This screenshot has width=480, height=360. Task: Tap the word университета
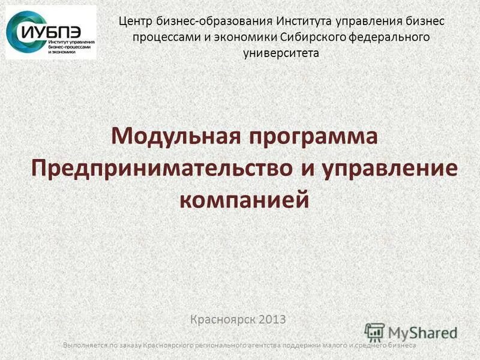[x=281, y=53]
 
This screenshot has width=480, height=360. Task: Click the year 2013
[x=274, y=320]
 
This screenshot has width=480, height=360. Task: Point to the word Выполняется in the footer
[x=83, y=346]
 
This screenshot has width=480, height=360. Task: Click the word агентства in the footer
[x=274, y=346]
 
